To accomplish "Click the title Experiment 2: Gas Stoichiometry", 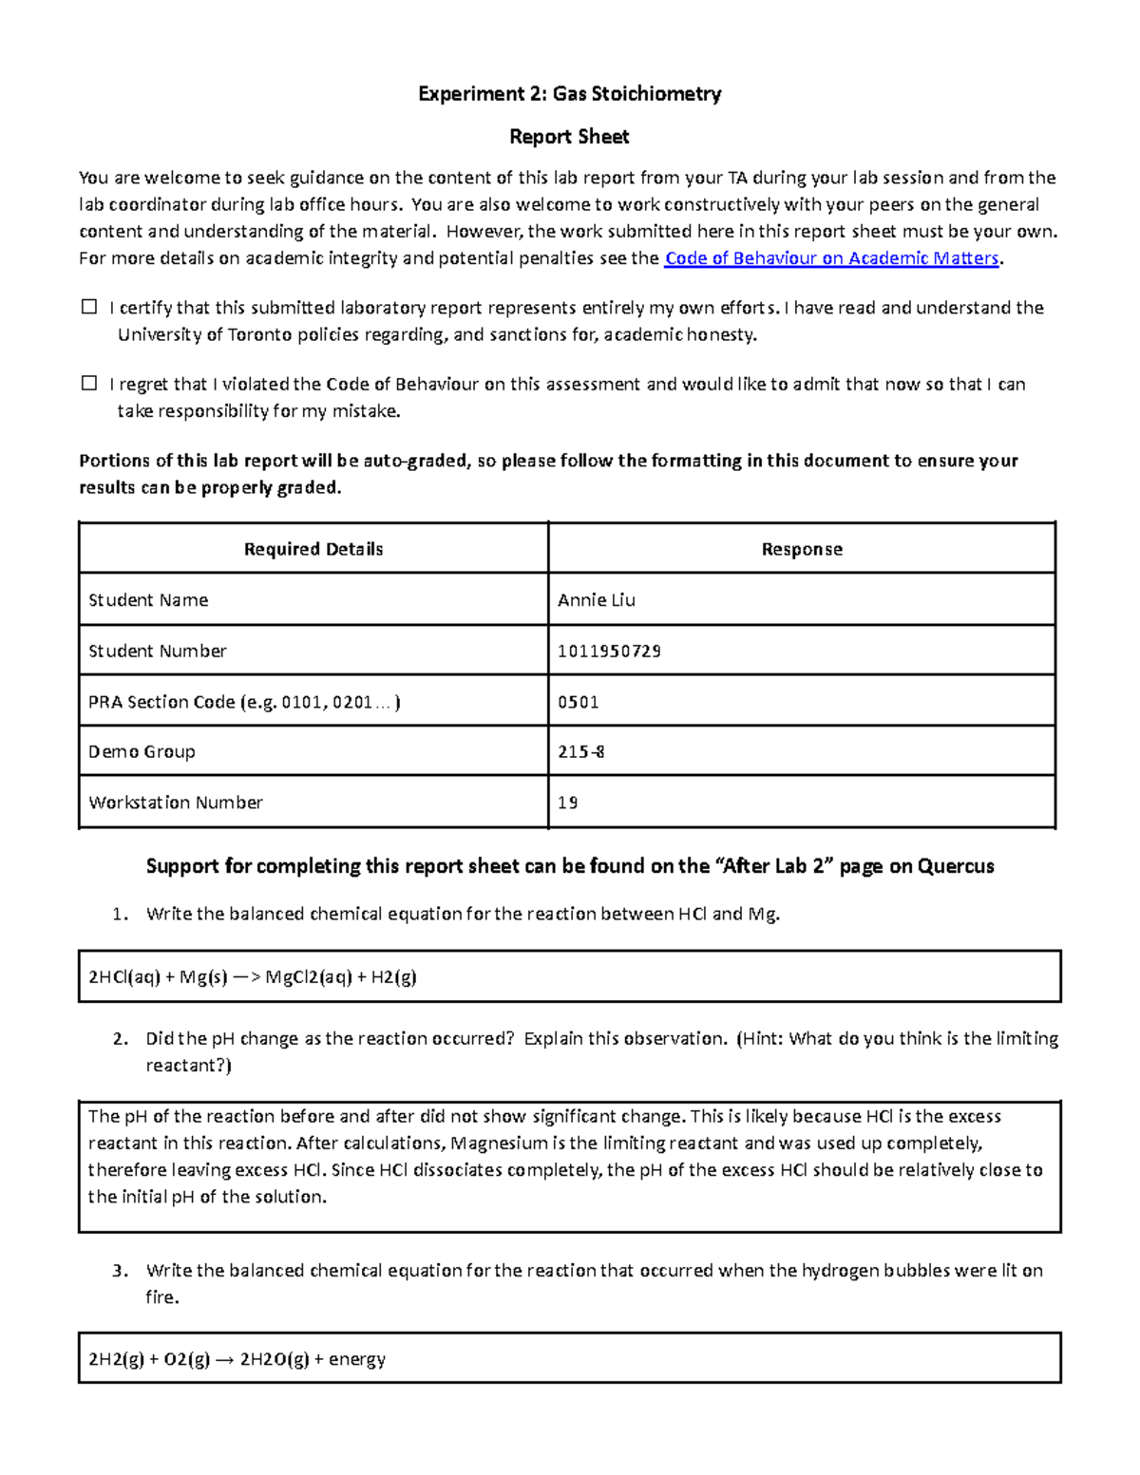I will coord(570,93).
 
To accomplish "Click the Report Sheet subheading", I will coord(569,137).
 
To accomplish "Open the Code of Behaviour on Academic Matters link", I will coord(832,258).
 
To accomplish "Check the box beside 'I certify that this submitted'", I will coord(89,307).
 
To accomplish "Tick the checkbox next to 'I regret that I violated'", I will coord(89,384).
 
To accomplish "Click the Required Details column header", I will coord(313,549).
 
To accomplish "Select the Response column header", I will coord(802,549).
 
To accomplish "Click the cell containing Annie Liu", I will coord(597,600).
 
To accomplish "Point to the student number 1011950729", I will coord(609,651).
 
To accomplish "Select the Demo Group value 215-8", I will coord(581,751).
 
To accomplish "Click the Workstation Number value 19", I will coord(568,803).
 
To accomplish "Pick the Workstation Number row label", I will coord(176,803).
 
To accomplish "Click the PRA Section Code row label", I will coord(244,702).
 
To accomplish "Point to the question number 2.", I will coord(119,1038).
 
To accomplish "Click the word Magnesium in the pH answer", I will coord(499,1143).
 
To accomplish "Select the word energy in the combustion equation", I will coord(357,1359).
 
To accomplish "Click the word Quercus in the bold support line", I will coord(956,866).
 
